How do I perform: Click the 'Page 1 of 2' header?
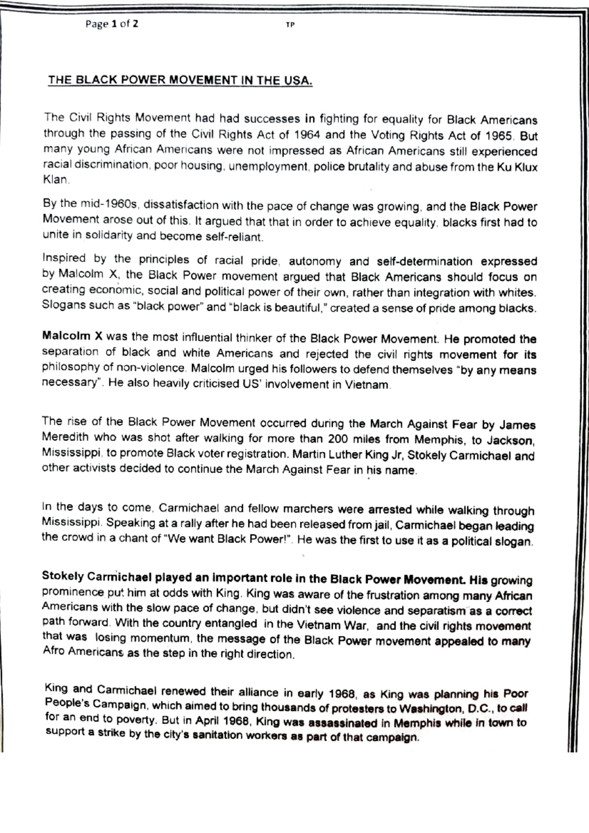[111, 24]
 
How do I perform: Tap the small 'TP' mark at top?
[290, 25]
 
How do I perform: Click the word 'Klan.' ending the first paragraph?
[56, 180]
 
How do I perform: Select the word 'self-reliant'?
[236, 237]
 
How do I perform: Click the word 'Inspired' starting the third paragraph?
[64, 258]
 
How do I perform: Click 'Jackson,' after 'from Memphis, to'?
[510, 440]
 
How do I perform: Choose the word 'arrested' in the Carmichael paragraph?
[391, 510]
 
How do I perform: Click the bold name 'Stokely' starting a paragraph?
[63, 575]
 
